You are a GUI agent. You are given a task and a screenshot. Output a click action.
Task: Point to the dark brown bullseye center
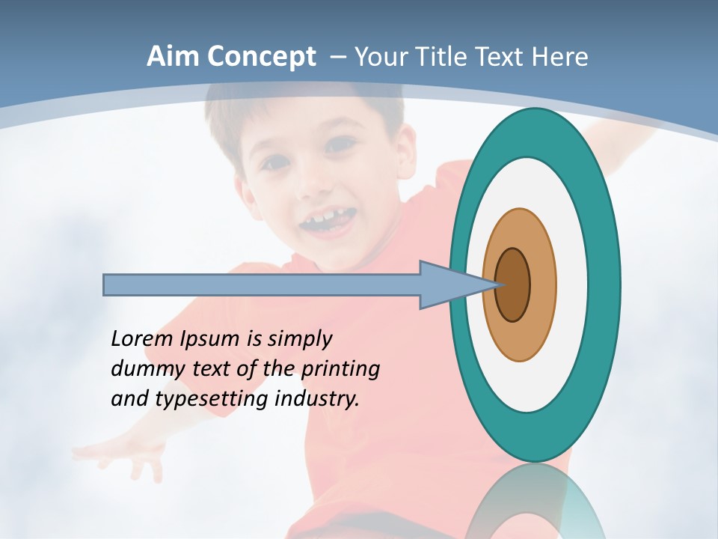pyautogui.click(x=513, y=285)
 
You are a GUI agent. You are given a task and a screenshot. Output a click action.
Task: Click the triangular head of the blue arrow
pyautogui.click(x=449, y=285)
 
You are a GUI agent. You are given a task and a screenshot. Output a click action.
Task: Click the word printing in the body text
pyautogui.click(x=340, y=370)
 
